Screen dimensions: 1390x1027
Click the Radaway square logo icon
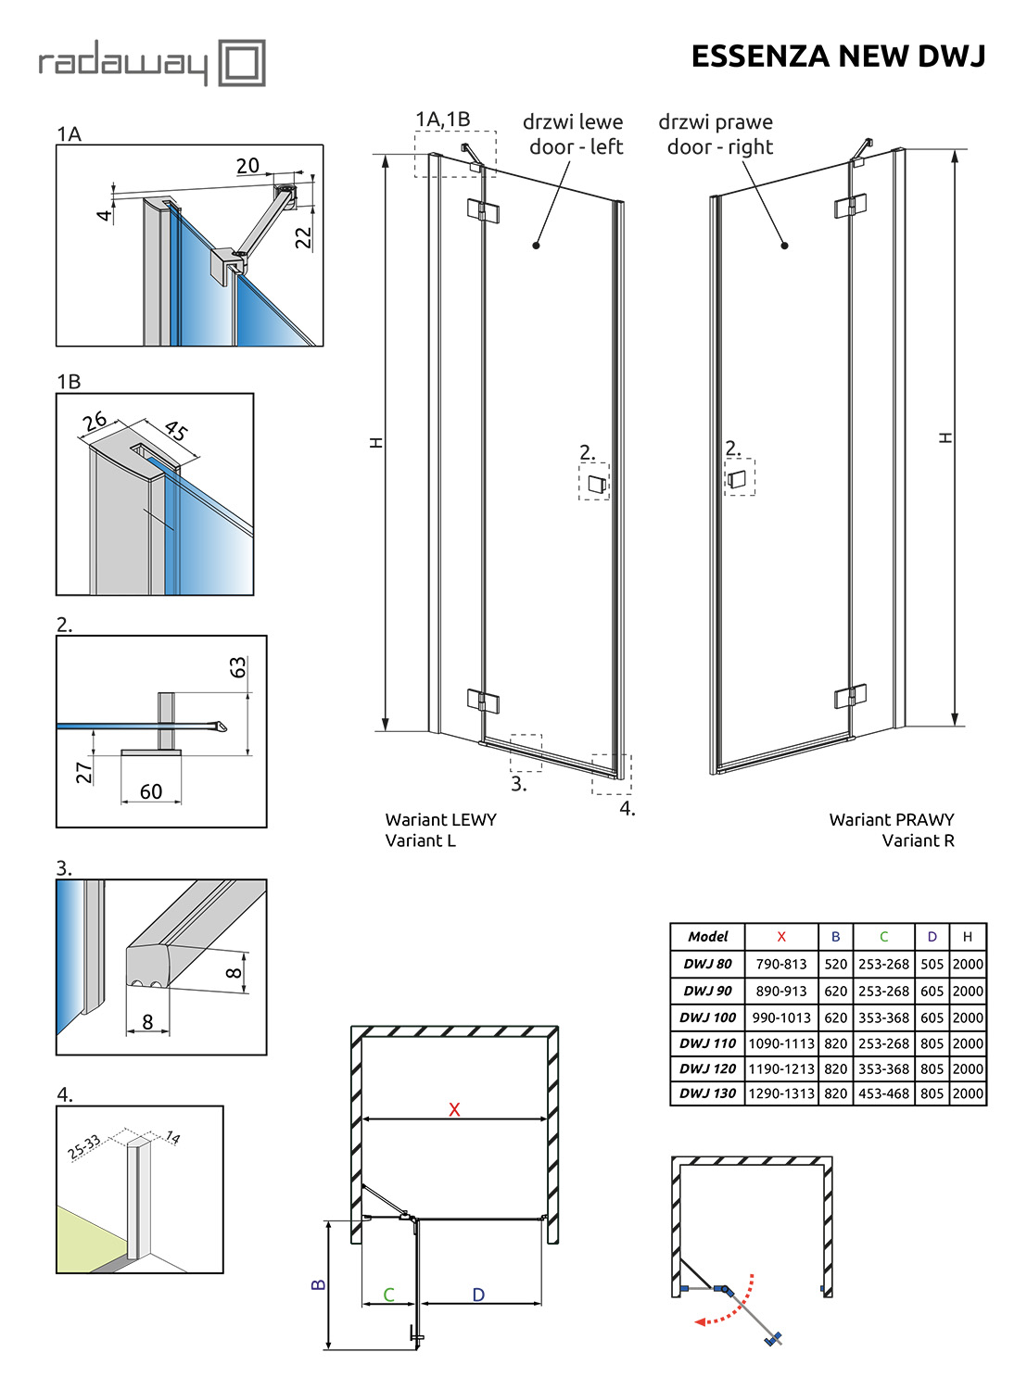coord(242,63)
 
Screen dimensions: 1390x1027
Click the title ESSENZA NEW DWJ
coord(838,57)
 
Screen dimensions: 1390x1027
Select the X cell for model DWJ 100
coord(781,1017)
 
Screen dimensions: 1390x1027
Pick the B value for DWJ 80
coord(835,964)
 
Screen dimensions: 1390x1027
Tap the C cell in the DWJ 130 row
coord(883,1093)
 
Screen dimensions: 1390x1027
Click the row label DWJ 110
coord(707,1043)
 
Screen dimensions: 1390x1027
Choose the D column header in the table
coord(932,937)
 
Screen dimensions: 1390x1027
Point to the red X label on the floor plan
coord(454,1109)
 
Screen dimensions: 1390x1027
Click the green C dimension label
coord(389,1295)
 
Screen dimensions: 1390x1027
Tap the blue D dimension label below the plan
coord(478,1295)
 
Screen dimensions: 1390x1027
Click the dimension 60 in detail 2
coord(151,791)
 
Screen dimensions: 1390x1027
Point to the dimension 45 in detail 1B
coord(176,430)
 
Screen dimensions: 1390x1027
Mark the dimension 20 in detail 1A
coord(247,166)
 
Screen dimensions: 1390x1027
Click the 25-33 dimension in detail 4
coord(84,1147)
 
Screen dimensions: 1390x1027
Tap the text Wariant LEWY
coord(441,819)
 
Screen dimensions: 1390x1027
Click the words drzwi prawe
coord(716,122)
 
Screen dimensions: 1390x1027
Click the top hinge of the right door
coord(850,206)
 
